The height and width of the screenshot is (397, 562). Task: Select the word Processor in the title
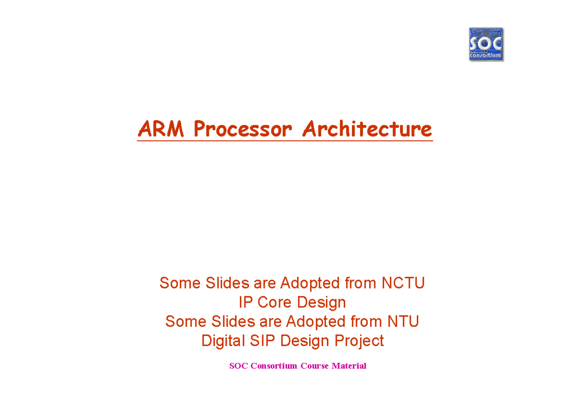pos(243,129)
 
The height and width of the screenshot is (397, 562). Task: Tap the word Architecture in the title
pos(367,129)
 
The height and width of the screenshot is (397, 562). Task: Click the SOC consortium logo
pos(486,44)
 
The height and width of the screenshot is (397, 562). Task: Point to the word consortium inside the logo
pos(486,55)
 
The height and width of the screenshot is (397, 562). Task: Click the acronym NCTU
pos(403,283)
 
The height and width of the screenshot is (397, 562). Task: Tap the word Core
pos(274,302)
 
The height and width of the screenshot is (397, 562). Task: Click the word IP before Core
pos(245,302)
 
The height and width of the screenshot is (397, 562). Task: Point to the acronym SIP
pos(262,341)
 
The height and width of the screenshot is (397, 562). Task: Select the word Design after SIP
pos(304,341)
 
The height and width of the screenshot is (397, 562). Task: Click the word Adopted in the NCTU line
pos(310,283)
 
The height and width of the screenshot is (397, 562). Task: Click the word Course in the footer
pos(315,366)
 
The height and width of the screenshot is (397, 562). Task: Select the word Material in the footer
pos(349,366)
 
